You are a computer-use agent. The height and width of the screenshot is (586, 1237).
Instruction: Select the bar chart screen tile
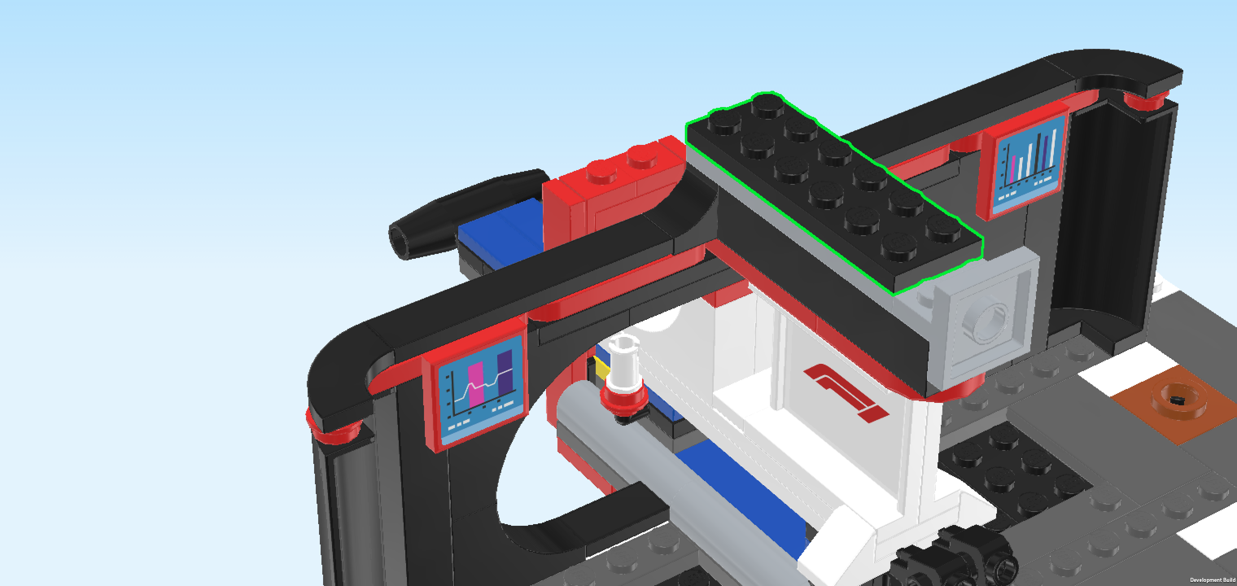(x=1026, y=163)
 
